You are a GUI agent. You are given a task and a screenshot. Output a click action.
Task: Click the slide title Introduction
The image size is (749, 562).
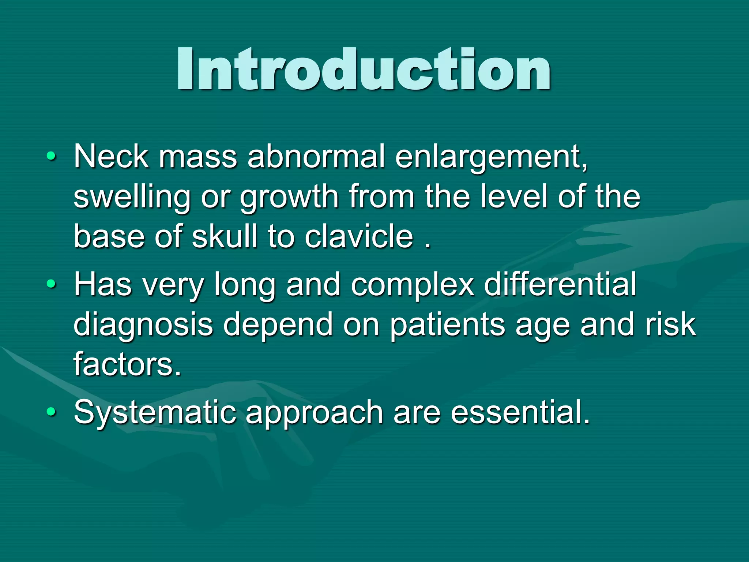(364, 70)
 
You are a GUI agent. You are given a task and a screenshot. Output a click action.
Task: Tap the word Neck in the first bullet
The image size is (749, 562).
(111, 157)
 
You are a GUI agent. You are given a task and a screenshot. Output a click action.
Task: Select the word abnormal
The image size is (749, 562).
(316, 157)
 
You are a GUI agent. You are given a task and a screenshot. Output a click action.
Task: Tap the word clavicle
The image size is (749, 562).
(359, 236)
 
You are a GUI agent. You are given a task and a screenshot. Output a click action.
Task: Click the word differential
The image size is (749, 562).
(560, 285)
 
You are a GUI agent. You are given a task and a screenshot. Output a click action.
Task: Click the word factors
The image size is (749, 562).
(127, 364)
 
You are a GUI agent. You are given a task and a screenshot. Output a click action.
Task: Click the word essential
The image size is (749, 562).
(520, 413)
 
